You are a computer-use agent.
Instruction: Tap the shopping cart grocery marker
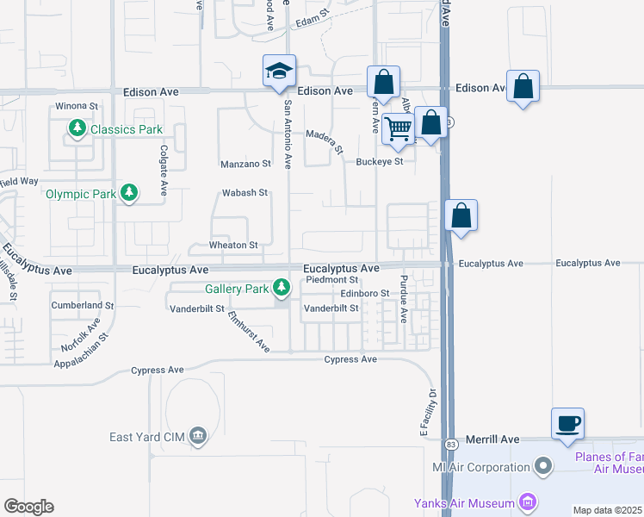pyautogui.click(x=398, y=128)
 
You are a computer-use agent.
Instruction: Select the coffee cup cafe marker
pyautogui.click(x=567, y=424)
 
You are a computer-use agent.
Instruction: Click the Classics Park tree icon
pyautogui.click(x=77, y=129)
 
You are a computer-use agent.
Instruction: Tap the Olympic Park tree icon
pyautogui.click(x=129, y=193)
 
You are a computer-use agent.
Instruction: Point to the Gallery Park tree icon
pyautogui.click(x=281, y=288)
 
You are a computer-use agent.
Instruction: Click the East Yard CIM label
pyautogui.click(x=146, y=436)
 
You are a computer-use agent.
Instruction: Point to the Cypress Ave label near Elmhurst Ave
pyautogui.click(x=350, y=359)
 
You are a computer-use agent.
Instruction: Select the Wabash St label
pyautogui.click(x=245, y=193)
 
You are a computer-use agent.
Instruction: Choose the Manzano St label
pyautogui.click(x=245, y=163)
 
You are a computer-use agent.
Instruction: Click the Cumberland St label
pyautogui.click(x=83, y=305)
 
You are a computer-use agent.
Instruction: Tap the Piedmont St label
pyautogui.click(x=331, y=280)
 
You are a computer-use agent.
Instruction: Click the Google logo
pyautogui.click(x=28, y=506)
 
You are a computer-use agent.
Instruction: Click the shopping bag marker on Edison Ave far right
pyautogui.click(x=523, y=86)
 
